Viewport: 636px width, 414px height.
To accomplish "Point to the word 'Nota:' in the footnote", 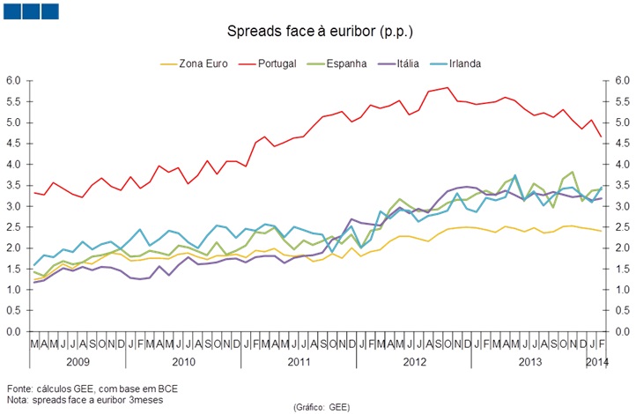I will point(18,399).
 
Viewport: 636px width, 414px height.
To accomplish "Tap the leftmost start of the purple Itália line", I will point(34,282).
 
